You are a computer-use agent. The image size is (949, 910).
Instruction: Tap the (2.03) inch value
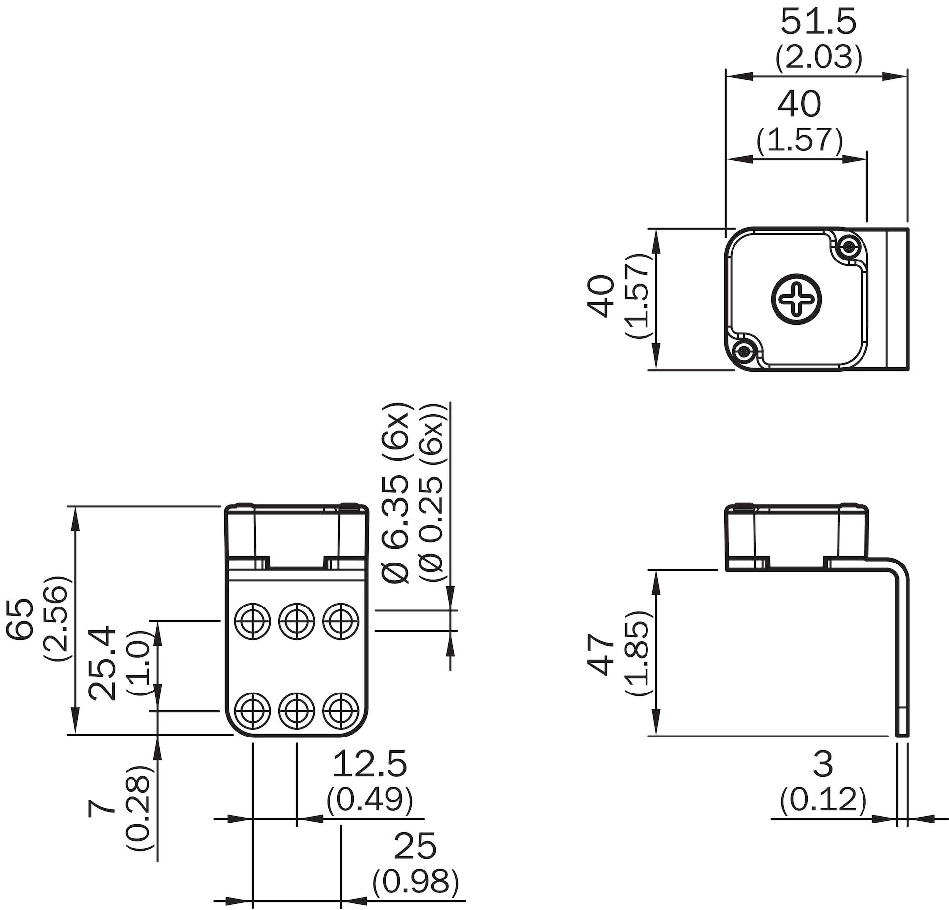819,57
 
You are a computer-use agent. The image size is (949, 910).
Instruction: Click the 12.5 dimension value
370,763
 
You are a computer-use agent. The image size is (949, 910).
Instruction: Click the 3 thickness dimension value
822,763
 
